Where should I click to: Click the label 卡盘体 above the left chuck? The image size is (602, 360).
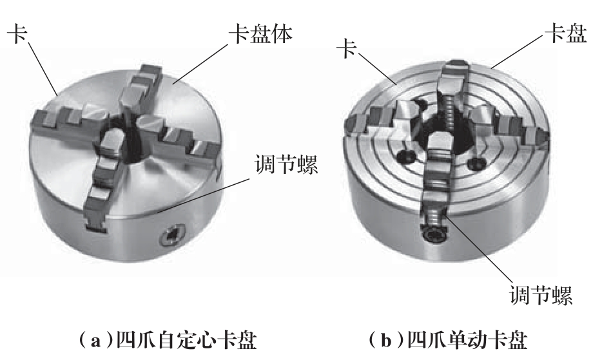[260, 35]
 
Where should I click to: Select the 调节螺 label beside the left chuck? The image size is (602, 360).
[287, 164]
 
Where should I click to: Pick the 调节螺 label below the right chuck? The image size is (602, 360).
[541, 295]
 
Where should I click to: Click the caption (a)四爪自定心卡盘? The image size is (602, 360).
[168, 339]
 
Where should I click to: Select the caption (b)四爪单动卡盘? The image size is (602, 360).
[448, 339]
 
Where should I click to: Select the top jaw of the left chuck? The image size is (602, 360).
[141, 88]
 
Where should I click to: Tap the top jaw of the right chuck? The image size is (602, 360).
[456, 79]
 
